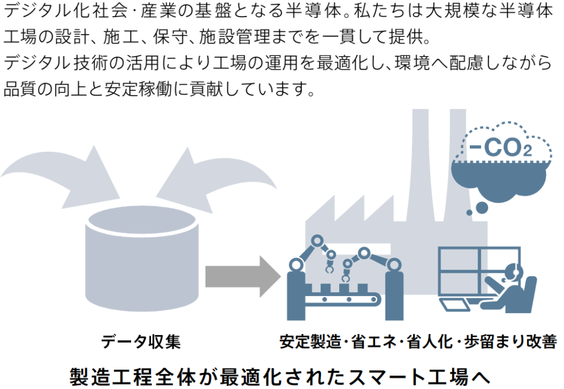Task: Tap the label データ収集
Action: coord(140,342)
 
